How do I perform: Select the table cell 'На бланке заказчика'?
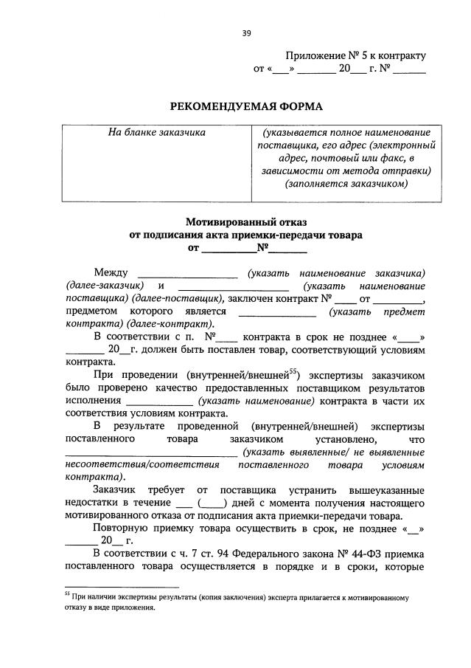(x=156, y=132)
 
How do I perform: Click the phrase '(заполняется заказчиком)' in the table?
(x=346, y=185)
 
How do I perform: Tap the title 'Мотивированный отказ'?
(x=245, y=221)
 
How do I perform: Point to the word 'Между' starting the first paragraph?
(x=111, y=273)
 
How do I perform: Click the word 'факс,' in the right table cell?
(x=394, y=159)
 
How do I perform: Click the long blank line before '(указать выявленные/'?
(x=151, y=454)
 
